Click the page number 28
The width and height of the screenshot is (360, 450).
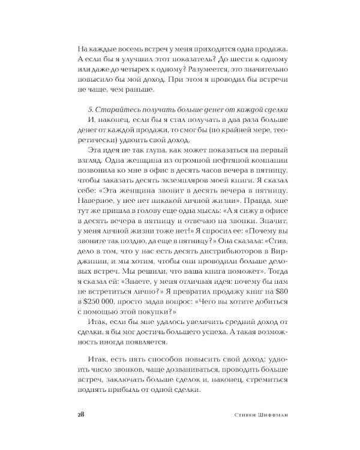pos(82,415)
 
